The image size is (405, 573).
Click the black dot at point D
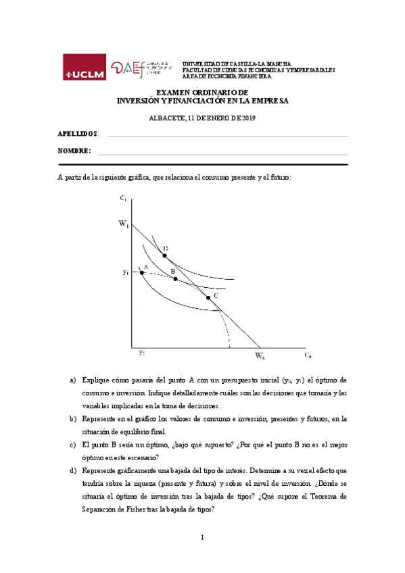(164, 256)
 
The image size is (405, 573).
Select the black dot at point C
(208, 297)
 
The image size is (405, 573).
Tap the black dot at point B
(175, 278)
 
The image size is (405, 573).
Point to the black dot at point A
(141, 272)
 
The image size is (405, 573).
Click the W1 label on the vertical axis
(124, 225)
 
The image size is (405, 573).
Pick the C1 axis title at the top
(122, 198)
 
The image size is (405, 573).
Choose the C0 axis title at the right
(307, 355)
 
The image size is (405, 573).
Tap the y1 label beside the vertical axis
(126, 272)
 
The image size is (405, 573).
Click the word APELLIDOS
(78, 134)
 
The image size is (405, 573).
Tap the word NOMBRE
(74, 151)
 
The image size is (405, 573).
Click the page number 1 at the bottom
(202, 537)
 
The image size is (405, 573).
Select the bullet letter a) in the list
(73, 380)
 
